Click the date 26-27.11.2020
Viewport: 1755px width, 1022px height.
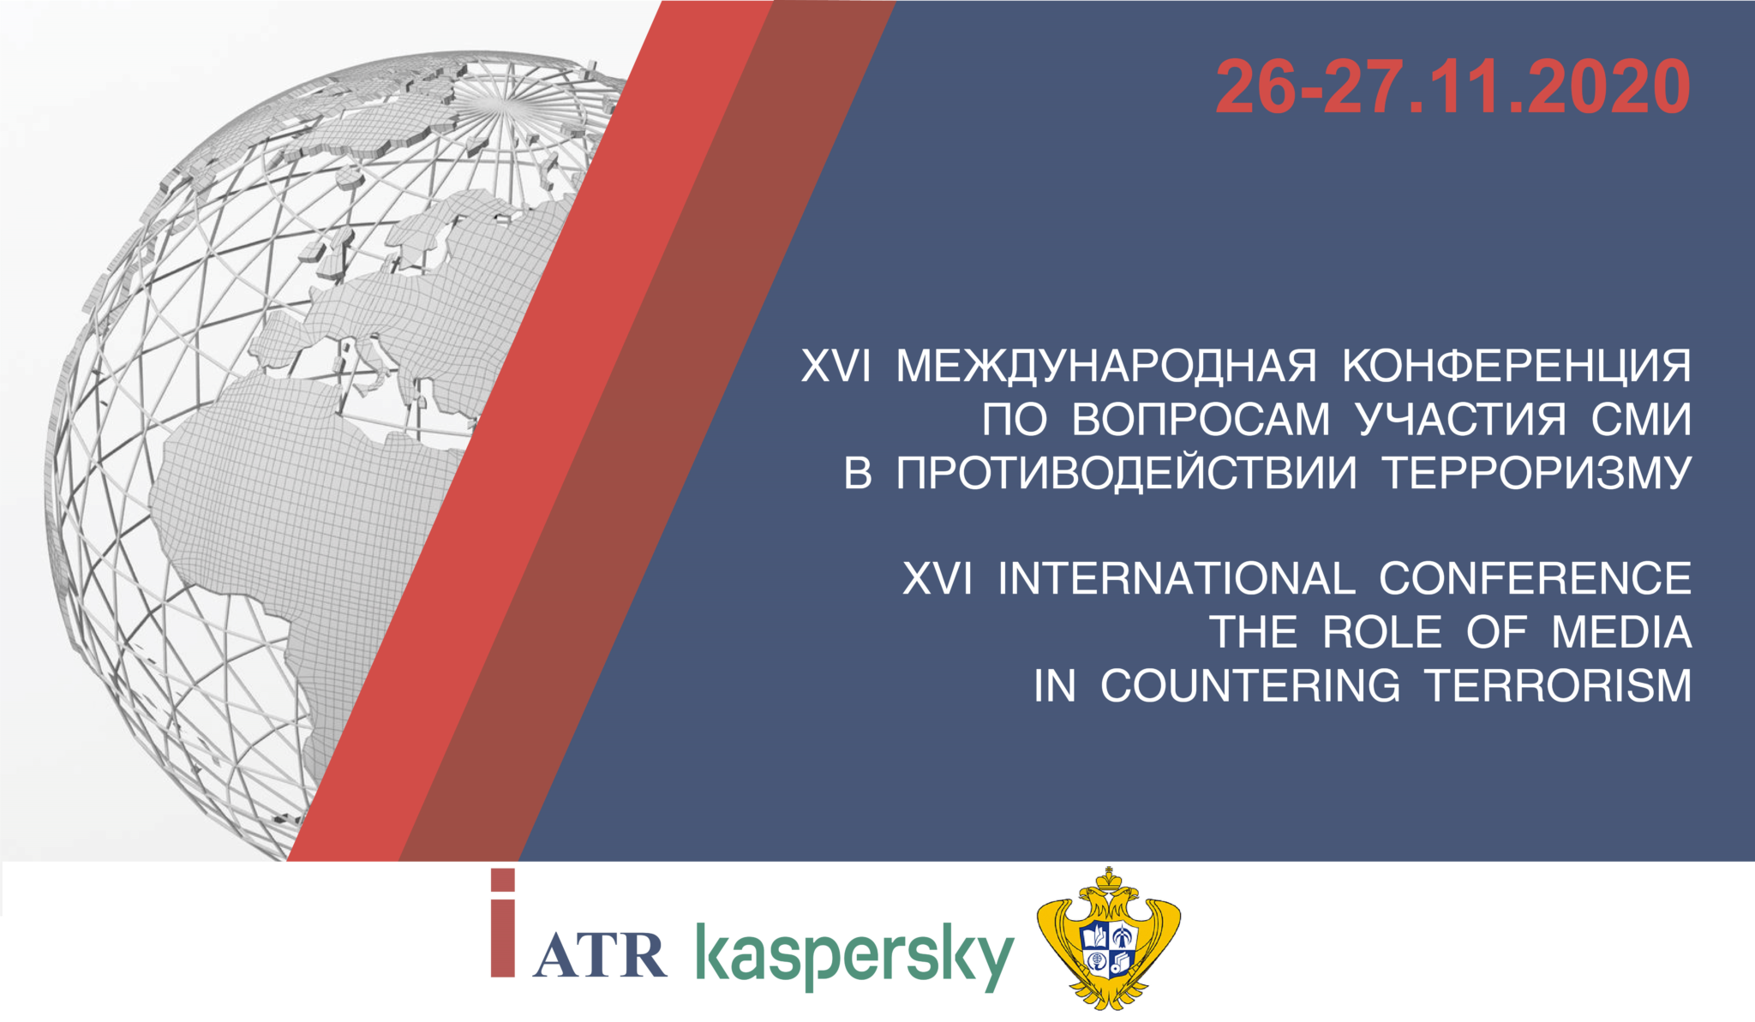click(x=1453, y=87)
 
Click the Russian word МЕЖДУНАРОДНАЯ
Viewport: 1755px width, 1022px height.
click(x=1106, y=366)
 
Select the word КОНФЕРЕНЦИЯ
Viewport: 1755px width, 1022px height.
click(x=1517, y=366)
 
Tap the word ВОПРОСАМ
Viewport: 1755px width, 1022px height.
click(x=1201, y=420)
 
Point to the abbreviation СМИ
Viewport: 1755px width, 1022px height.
click(x=1641, y=420)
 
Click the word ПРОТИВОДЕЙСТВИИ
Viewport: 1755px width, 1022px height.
click(x=1127, y=473)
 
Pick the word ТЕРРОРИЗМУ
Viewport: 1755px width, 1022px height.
click(x=1537, y=473)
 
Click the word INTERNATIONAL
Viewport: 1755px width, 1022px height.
click(x=1177, y=579)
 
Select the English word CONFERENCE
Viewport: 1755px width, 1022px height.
click(x=1535, y=579)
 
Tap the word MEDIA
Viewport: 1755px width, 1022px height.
click(x=1621, y=633)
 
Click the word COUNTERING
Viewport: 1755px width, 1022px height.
click(x=1250, y=686)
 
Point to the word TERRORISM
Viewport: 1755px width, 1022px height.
click(x=1559, y=686)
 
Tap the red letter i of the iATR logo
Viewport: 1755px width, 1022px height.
click(x=503, y=923)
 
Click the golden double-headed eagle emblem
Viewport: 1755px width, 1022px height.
click(x=1109, y=939)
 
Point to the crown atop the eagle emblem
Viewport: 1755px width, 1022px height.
click(x=1110, y=880)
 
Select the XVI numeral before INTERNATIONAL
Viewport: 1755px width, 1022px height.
click(x=937, y=579)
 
